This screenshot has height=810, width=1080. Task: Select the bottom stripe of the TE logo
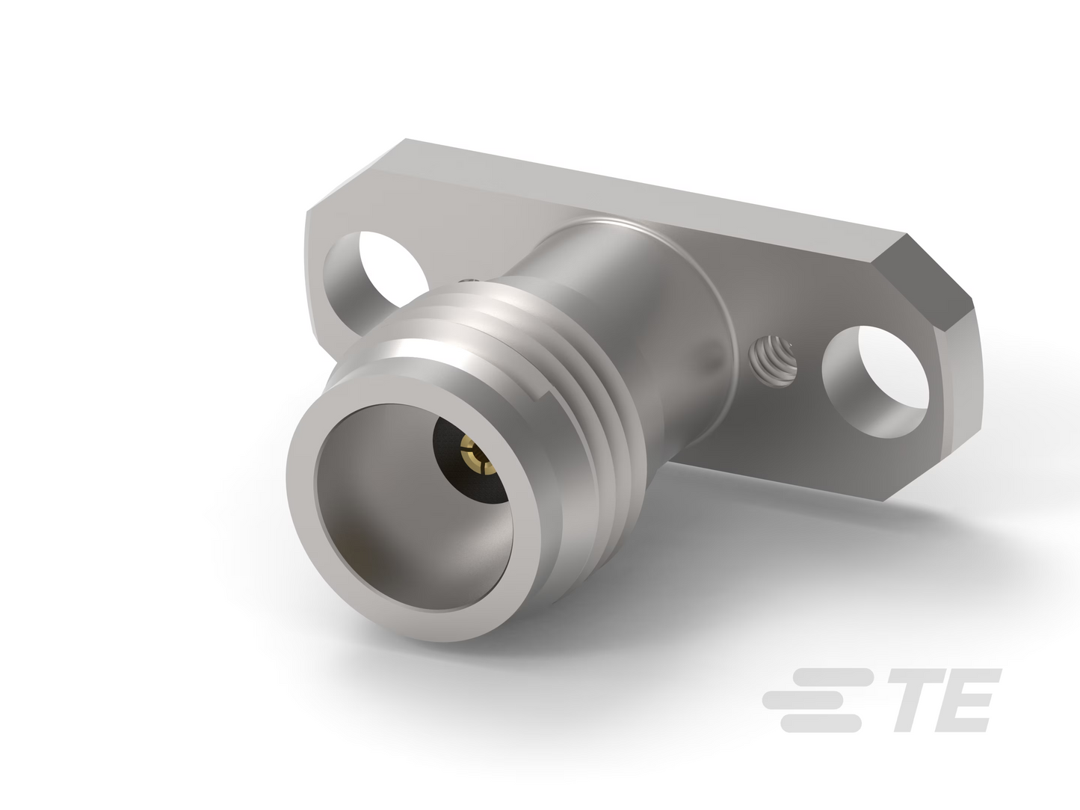pos(821,723)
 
